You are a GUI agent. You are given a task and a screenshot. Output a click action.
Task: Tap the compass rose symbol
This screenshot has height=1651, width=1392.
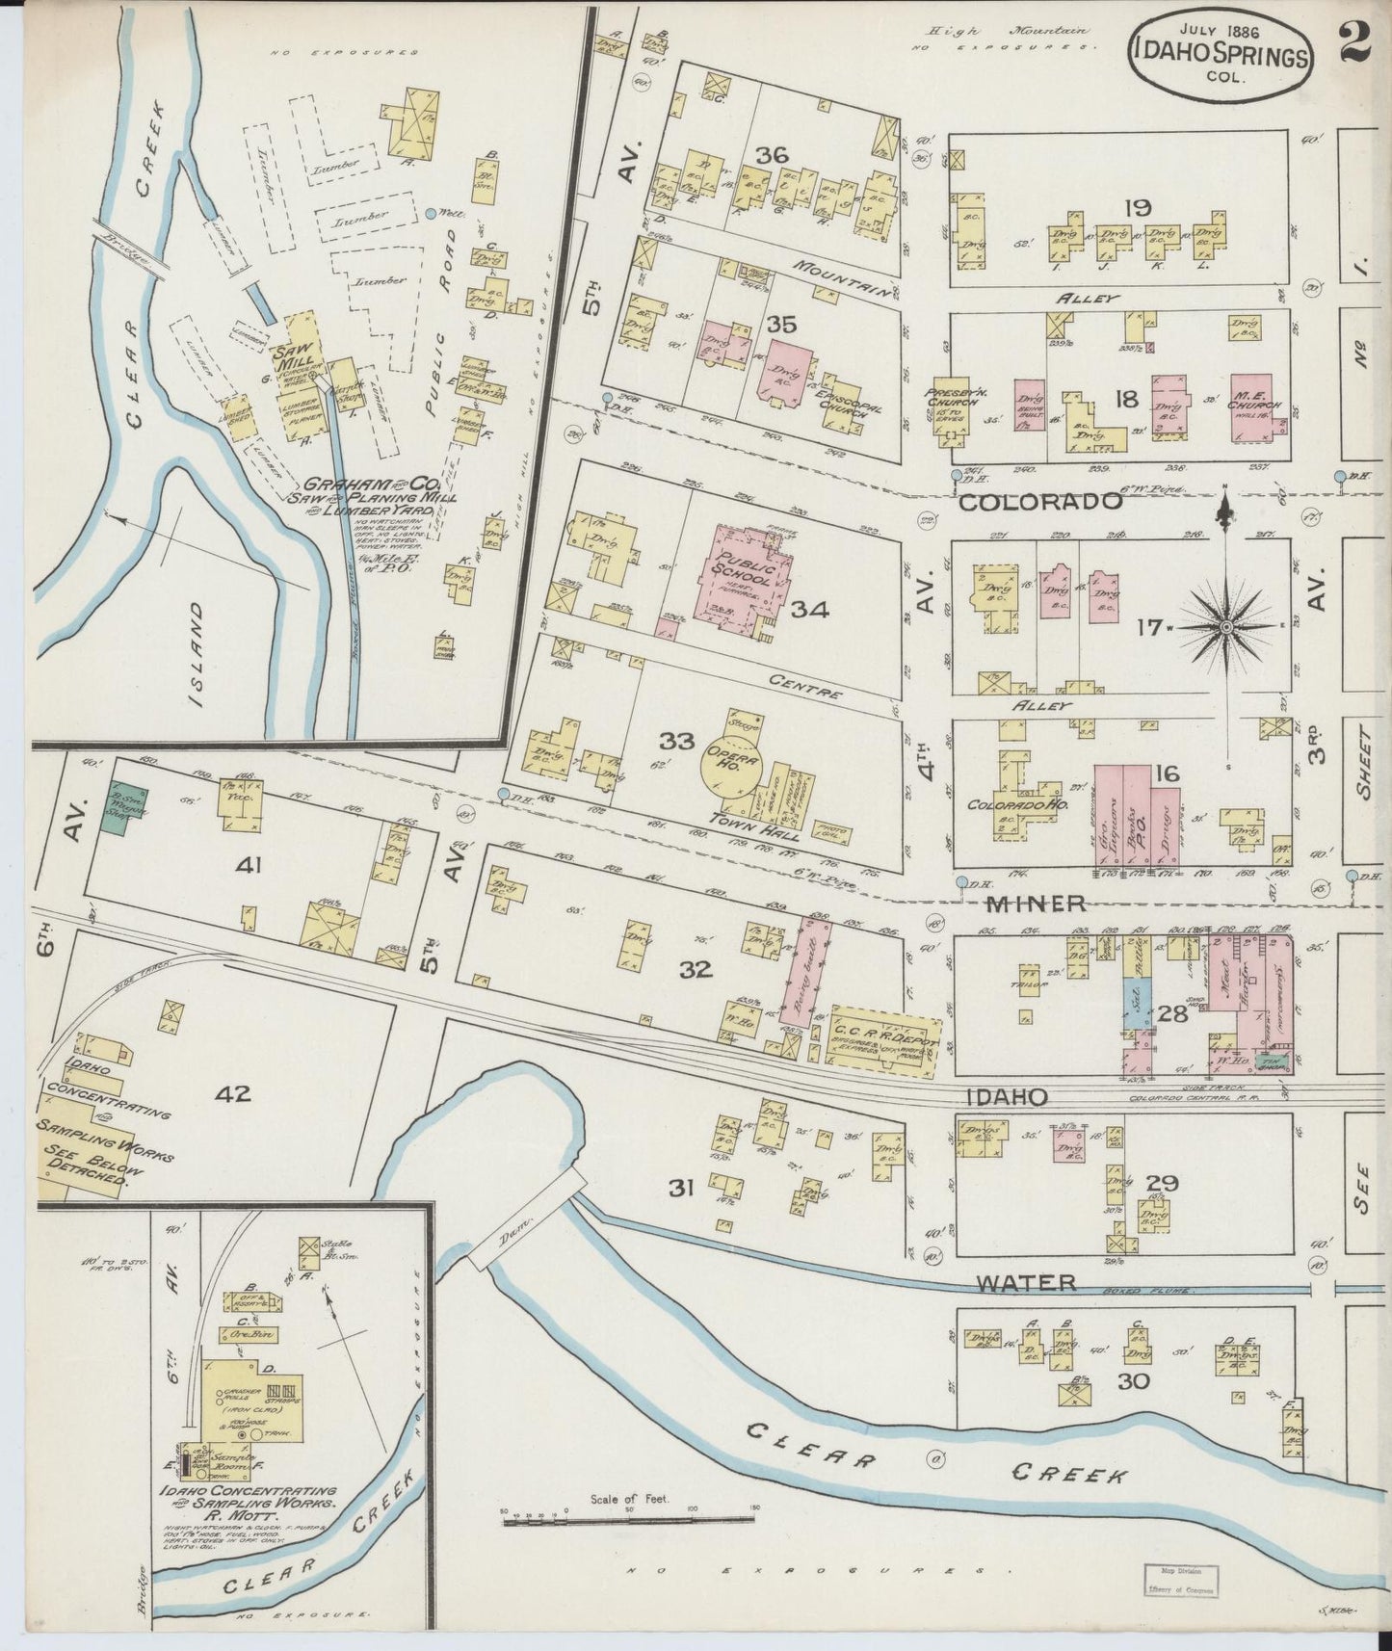click(x=1226, y=626)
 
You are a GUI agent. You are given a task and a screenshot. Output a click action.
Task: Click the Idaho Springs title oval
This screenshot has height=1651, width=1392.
click(x=1221, y=56)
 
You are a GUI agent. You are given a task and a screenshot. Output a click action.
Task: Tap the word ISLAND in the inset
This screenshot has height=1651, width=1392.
click(x=198, y=655)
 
